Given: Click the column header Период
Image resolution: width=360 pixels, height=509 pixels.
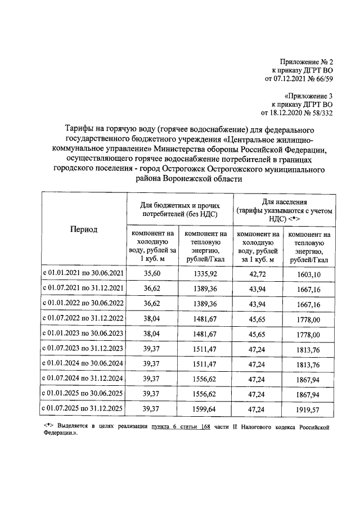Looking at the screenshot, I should (83, 229).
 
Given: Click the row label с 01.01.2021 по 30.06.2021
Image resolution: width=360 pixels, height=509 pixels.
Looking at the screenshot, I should (83, 273).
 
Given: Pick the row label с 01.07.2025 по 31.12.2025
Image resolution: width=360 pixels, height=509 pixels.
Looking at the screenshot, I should (83, 409).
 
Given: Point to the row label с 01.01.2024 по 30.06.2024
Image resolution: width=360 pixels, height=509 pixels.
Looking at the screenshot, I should (83, 363).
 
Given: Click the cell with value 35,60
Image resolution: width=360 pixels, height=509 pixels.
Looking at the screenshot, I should (152, 273).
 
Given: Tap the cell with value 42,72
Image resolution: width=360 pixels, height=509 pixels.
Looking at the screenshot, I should (257, 273).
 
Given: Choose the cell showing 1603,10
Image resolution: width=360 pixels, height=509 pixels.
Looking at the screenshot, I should (309, 274).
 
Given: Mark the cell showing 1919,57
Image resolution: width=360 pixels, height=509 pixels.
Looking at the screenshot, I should (309, 409).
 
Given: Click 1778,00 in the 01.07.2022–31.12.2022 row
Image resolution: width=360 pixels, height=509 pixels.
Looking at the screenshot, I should (309, 319).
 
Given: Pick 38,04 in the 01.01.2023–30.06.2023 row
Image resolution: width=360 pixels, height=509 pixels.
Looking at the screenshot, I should (152, 334).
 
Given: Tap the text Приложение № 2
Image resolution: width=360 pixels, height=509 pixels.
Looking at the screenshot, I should (307, 61).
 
